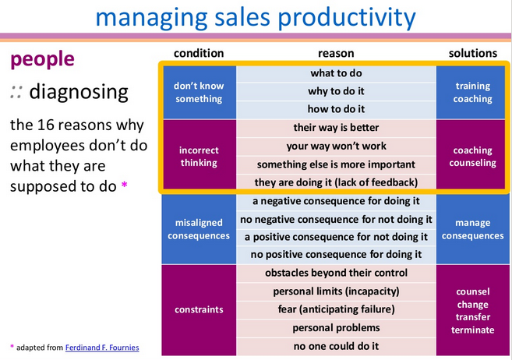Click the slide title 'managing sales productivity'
(x=256, y=17)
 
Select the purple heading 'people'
(x=42, y=60)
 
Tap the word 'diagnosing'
(x=79, y=93)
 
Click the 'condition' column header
(x=199, y=53)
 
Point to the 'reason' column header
(x=336, y=53)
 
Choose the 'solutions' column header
(x=472, y=53)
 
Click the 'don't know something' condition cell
(x=199, y=93)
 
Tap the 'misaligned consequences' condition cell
(x=199, y=229)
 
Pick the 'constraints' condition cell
(x=199, y=309)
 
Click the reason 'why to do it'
(x=336, y=91)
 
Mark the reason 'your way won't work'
(x=337, y=146)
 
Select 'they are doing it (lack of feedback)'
(x=336, y=182)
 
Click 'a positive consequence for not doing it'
(x=336, y=237)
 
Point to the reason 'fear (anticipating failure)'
(x=337, y=309)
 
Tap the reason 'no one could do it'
(x=336, y=346)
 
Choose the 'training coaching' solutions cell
(x=472, y=93)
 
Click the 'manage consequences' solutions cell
(x=472, y=229)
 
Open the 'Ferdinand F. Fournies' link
(x=102, y=348)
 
